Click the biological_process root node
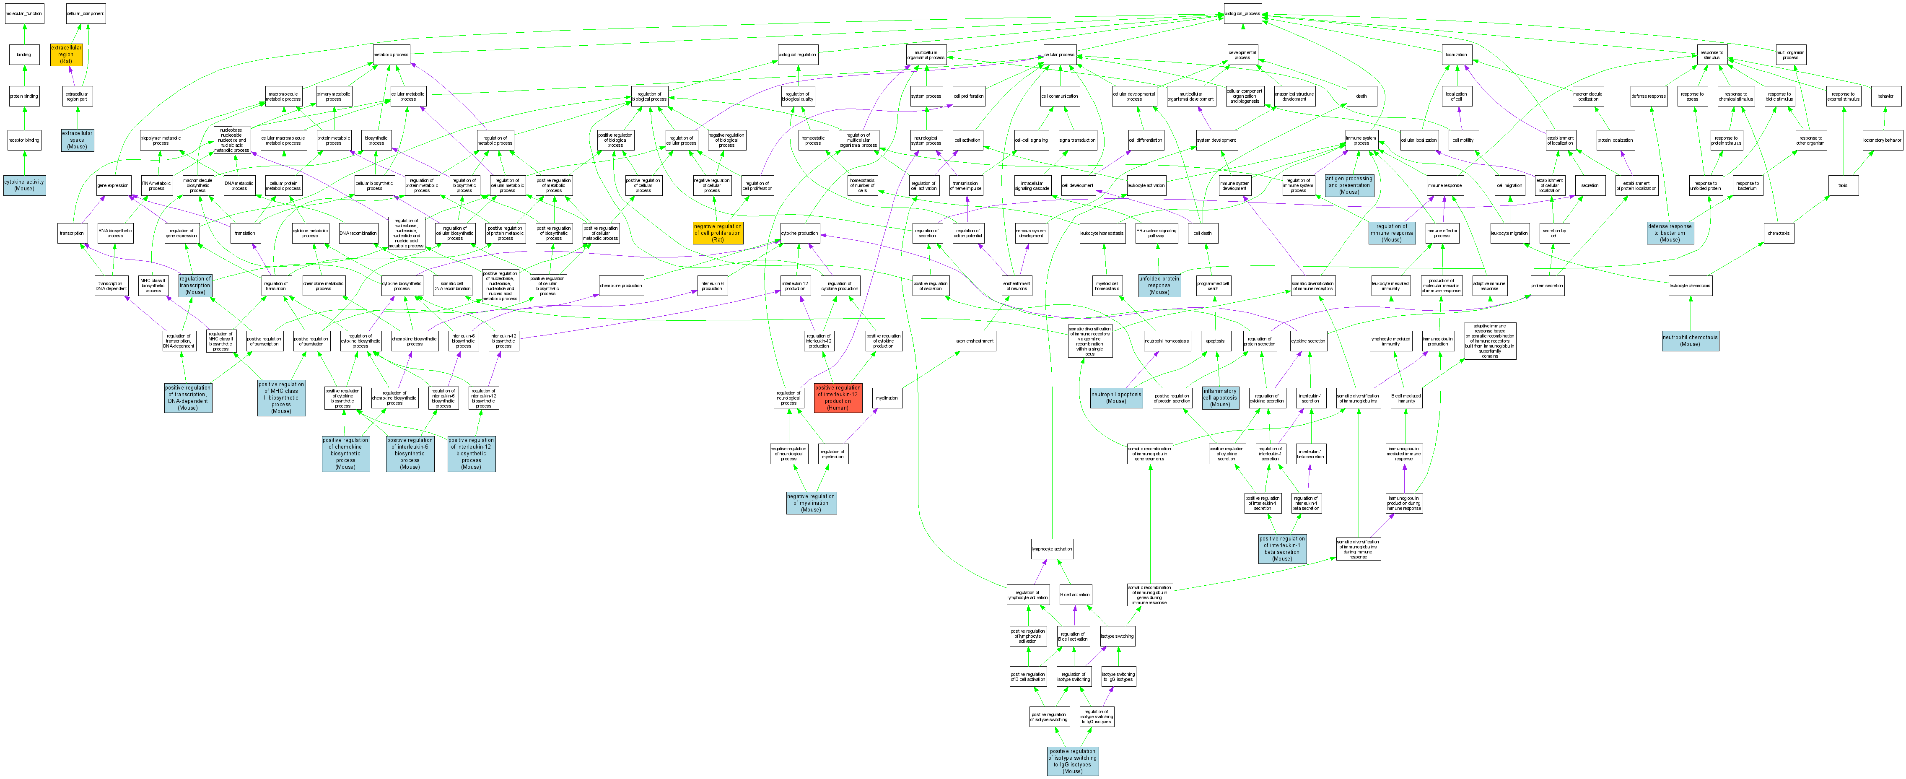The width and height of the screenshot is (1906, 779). (1242, 13)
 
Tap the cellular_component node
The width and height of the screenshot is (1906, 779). (86, 13)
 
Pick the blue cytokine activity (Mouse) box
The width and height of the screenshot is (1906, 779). (24, 185)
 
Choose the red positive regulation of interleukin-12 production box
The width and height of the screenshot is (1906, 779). (838, 397)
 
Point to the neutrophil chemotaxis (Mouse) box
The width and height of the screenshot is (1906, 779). (1690, 340)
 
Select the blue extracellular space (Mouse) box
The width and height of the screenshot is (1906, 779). (77, 140)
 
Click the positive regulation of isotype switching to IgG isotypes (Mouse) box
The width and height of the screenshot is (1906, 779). (1072, 761)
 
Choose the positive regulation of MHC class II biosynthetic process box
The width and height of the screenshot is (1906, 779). (281, 397)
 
